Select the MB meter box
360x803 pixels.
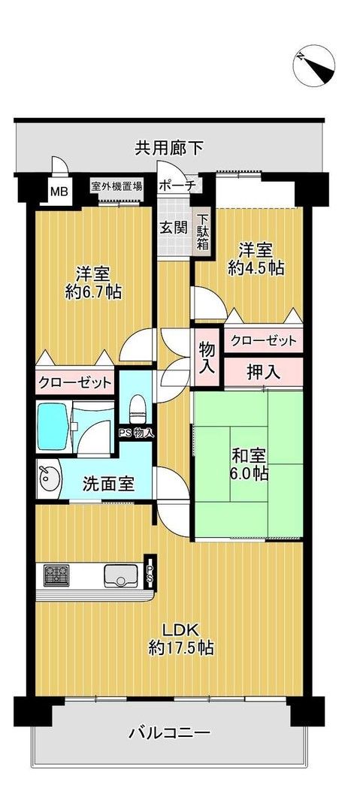tap(59, 191)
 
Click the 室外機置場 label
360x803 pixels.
tap(116, 186)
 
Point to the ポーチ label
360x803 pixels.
tap(178, 186)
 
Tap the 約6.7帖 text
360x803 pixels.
tap(93, 291)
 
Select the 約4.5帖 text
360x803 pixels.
tap(256, 267)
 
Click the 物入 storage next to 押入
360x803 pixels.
tap(207, 358)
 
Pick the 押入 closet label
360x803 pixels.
tap(263, 370)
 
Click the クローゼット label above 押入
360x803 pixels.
tap(263, 341)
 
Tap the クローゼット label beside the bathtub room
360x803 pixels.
tap(75, 383)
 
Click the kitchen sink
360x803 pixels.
tap(119, 577)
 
